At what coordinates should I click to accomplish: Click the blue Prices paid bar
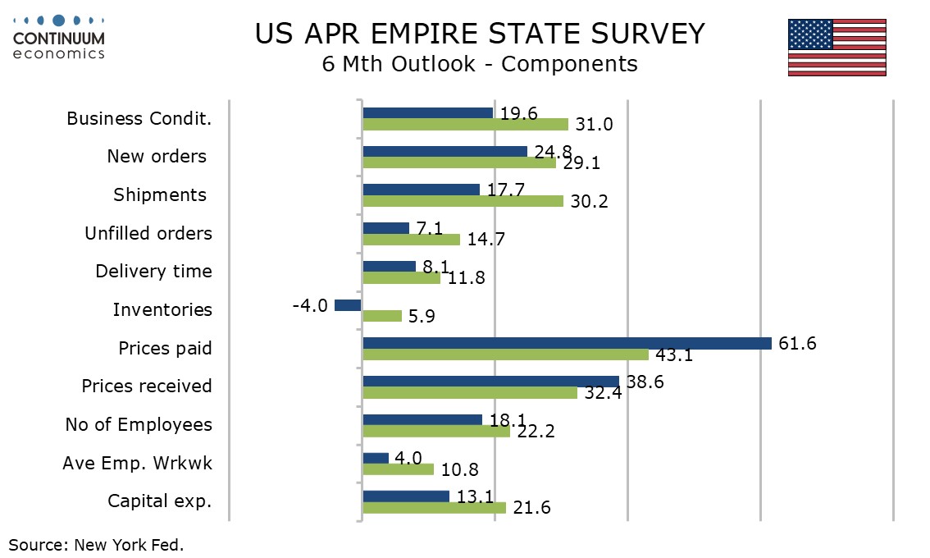tap(567, 343)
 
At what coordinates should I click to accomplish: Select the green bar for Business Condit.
tap(465, 125)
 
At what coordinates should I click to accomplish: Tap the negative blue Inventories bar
tap(348, 305)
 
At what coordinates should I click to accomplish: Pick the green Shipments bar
tap(463, 201)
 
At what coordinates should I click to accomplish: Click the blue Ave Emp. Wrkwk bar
tap(376, 458)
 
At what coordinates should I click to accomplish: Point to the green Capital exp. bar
tap(434, 508)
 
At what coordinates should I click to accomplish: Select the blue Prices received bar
tap(490, 382)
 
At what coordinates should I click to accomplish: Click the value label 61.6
tap(797, 343)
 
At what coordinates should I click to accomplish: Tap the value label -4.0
tap(310, 305)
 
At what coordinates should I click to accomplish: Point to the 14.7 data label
tap(486, 240)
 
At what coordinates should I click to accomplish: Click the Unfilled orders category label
tap(148, 233)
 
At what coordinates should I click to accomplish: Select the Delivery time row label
tap(153, 272)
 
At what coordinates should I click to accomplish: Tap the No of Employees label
tap(139, 425)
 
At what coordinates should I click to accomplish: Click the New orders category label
tap(157, 156)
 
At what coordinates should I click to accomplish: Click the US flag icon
tap(837, 48)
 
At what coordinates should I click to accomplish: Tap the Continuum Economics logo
tap(59, 37)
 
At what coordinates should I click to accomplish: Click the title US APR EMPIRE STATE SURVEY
tap(480, 34)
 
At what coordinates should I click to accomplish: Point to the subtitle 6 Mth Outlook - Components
tap(480, 64)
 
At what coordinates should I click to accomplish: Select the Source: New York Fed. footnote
tap(96, 544)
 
